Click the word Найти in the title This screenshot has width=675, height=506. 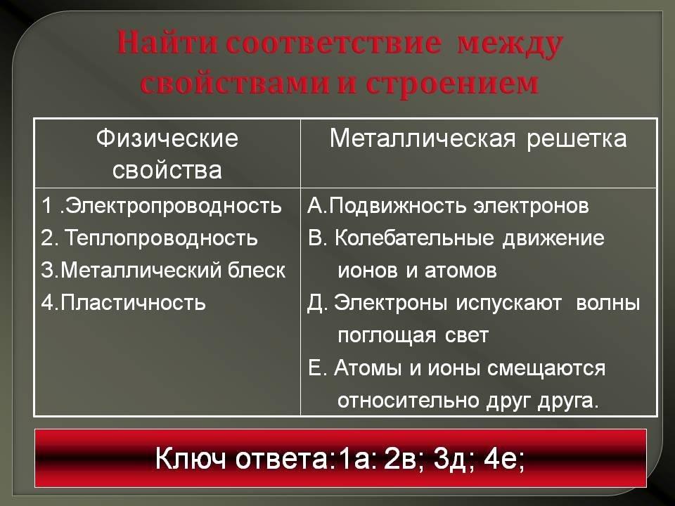click(x=167, y=43)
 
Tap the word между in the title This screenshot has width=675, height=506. click(x=510, y=45)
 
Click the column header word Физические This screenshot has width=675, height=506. click(x=167, y=138)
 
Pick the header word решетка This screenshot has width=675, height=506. click(x=577, y=139)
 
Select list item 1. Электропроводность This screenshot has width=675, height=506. click(x=162, y=206)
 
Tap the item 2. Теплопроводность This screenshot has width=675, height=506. click(x=149, y=238)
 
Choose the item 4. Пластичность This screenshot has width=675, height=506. click(x=124, y=303)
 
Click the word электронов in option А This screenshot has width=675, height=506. click(x=531, y=206)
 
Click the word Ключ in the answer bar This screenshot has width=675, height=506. click(x=191, y=459)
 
